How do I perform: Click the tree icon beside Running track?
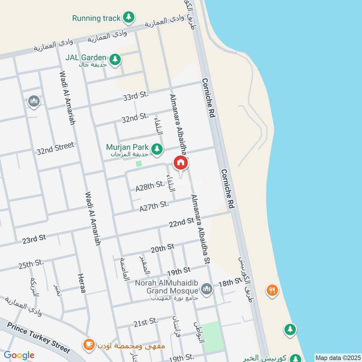pyautogui.click(x=129, y=18)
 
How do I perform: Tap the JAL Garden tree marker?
pyautogui.click(x=115, y=59)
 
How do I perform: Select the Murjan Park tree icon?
pyautogui.click(x=157, y=148)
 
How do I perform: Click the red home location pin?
pyautogui.click(x=181, y=163)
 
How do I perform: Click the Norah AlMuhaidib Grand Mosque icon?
pyautogui.click(x=207, y=288)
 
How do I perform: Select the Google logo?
pyautogui.click(x=19, y=355)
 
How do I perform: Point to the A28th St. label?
pyautogui.click(x=150, y=185)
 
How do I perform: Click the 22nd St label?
pyautogui.click(x=181, y=222)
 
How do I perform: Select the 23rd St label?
pyautogui.click(x=34, y=238)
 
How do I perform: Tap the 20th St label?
pyautogui.click(x=162, y=248)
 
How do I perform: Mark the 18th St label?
pyautogui.click(x=230, y=282)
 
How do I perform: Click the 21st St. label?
pyautogui.click(x=145, y=322)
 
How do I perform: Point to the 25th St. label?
pyautogui.click(x=31, y=263)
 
